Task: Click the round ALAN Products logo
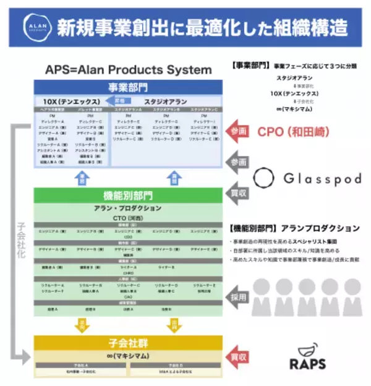[x=32, y=27]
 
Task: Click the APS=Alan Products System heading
[x=128, y=70]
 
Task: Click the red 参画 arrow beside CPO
[x=239, y=131]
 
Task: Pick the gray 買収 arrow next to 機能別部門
[x=239, y=192]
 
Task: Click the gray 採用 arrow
[x=239, y=296]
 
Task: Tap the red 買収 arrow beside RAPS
[x=239, y=357]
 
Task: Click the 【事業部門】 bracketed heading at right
[x=249, y=64]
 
